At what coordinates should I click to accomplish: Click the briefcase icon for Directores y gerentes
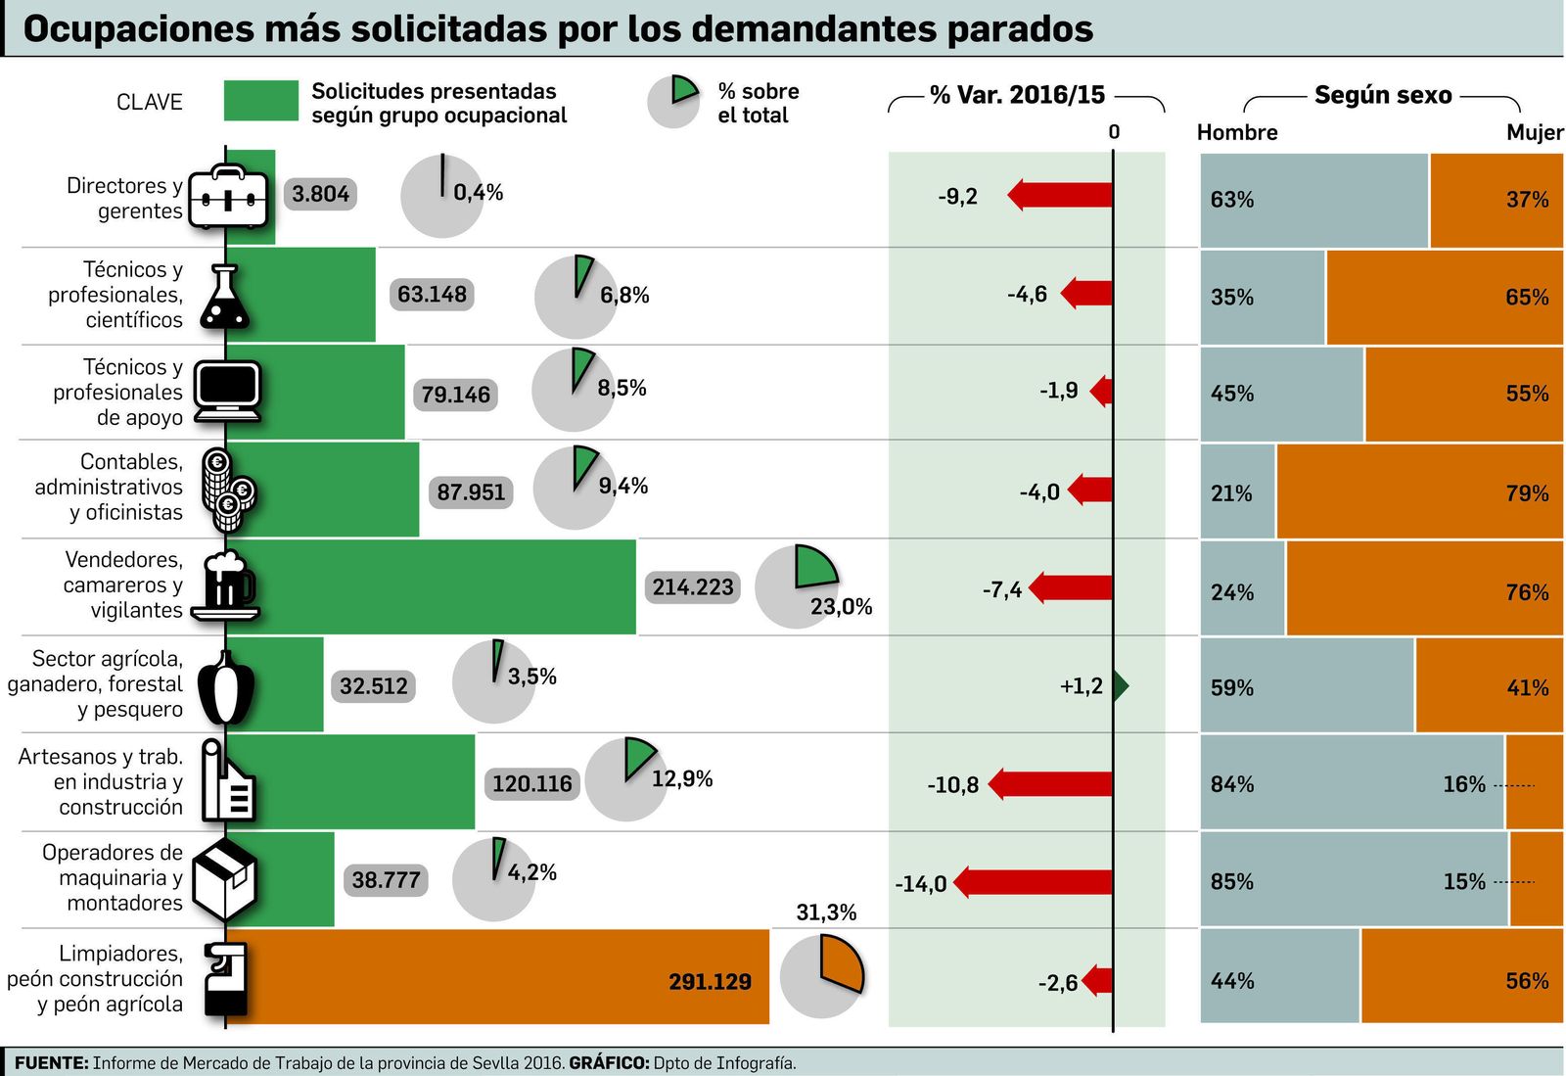point(227,197)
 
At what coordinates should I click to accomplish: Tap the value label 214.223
point(692,587)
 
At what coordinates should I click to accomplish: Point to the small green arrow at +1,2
point(1122,685)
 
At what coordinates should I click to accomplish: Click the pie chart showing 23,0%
point(798,585)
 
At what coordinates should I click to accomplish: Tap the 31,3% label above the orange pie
point(826,912)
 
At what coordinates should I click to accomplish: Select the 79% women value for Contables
point(1527,493)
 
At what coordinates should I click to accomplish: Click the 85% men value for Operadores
point(1231,882)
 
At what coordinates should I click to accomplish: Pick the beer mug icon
point(227,585)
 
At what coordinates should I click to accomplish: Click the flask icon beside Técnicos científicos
point(224,297)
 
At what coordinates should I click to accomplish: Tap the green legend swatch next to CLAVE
point(260,101)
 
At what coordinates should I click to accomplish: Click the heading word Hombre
point(1237,133)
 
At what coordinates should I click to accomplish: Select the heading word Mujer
point(1534,133)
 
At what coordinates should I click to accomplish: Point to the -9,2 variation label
point(957,197)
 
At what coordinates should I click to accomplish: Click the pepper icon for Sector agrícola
point(226,687)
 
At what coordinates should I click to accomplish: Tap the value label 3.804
point(320,194)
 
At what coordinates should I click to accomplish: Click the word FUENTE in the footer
point(51,1063)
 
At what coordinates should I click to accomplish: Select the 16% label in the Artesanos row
point(1463,784)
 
